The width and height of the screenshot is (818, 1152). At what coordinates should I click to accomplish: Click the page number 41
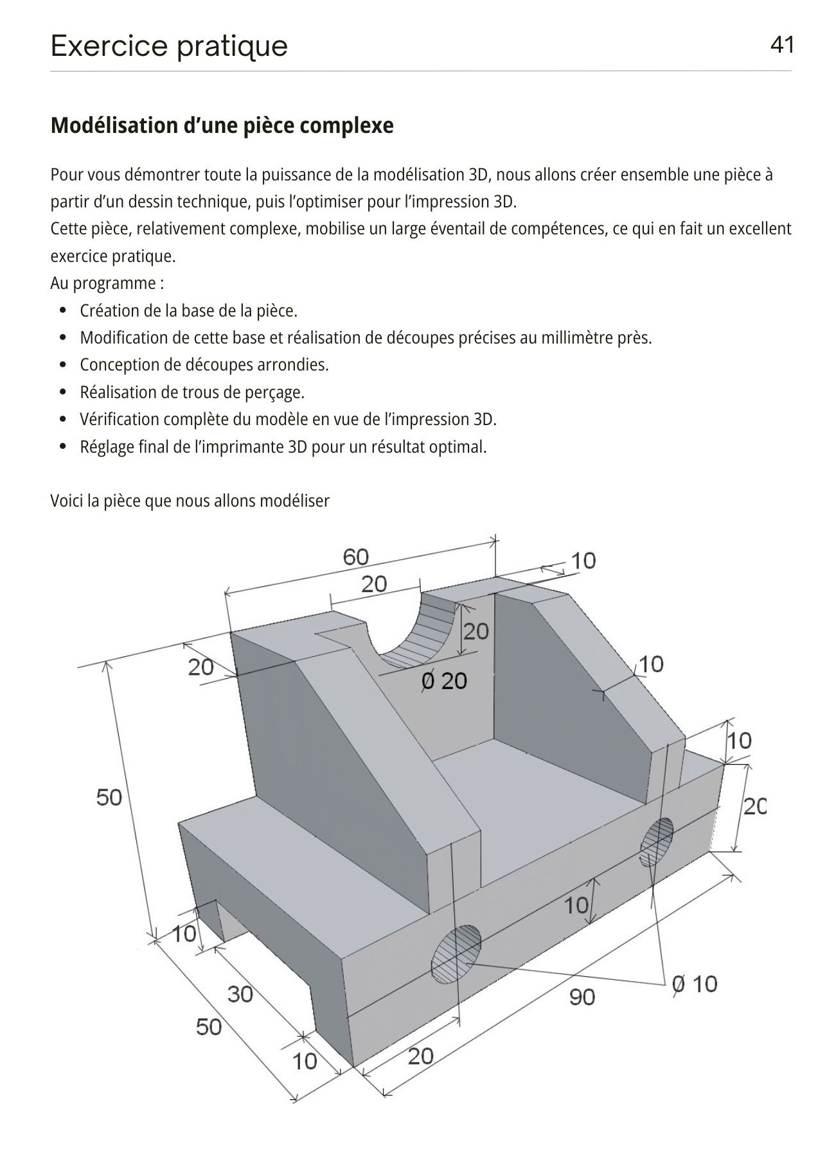781,45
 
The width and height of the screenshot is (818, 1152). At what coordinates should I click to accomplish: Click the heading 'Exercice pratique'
169,46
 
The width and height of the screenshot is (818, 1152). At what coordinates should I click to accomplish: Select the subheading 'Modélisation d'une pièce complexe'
222,125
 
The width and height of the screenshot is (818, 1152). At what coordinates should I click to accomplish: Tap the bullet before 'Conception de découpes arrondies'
62,365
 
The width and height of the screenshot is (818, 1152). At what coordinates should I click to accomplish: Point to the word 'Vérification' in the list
118,419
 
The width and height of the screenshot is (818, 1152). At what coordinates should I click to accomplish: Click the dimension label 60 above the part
356,557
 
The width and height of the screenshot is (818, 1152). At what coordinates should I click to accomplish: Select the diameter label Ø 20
443,680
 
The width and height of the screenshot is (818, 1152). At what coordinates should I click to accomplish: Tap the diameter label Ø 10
694,983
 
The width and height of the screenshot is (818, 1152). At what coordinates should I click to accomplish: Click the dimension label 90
582,997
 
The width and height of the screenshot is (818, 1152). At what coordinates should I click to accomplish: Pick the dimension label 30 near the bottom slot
240,993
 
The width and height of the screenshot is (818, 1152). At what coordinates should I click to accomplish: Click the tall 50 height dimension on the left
109,797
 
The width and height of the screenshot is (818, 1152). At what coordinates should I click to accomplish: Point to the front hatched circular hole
456,954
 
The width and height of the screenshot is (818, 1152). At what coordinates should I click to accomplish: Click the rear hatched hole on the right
657,841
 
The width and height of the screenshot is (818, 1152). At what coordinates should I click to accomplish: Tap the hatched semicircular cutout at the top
421,636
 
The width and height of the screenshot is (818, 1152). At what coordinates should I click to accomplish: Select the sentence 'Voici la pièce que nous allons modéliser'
190,501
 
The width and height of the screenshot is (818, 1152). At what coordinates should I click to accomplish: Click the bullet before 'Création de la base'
62,311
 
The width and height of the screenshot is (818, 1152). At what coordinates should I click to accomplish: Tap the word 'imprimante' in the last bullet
240,446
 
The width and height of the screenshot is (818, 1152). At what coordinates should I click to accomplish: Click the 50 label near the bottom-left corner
209,1026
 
